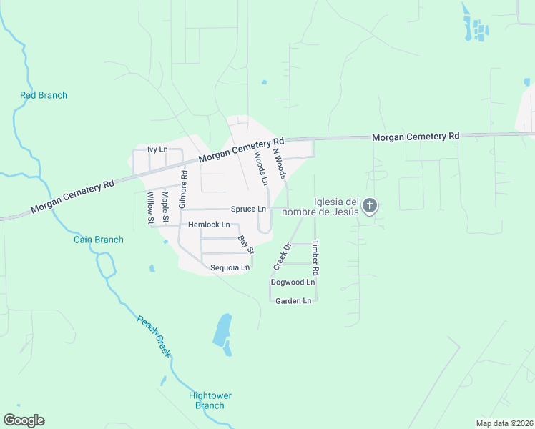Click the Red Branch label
coord(44,95)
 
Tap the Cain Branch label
coord(99,240)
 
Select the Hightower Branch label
coord(210,400)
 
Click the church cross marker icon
coord(369,207)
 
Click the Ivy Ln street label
coord(157,149)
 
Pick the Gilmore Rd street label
coord(184,184)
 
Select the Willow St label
coord(150,208)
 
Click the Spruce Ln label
coord(248,209)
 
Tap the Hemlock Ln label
coord(209,225)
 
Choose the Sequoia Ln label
coord(230,267)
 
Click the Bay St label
coord(246,245)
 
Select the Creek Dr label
coord(283,257)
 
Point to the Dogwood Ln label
coord(293,282)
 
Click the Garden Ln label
coord(294,300)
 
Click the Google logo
coord(24,420)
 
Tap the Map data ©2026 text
coord(504,423)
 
